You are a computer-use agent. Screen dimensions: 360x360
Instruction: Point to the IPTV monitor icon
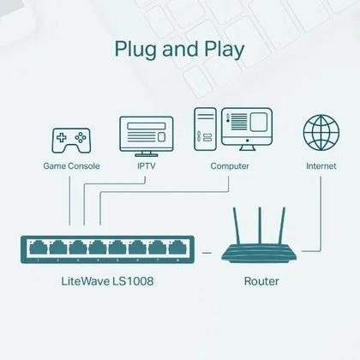tap(145, 134)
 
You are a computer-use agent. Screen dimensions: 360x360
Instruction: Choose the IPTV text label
tap(147, 165)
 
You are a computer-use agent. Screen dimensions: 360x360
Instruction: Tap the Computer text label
tap(230, 165)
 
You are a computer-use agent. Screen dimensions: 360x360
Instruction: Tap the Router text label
tap(261, 280)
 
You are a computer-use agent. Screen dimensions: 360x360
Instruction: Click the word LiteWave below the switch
tap(83, 280)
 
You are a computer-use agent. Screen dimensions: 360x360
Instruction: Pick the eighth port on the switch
tap(177, 246)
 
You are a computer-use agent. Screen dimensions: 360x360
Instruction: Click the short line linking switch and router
tap(206, 250)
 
